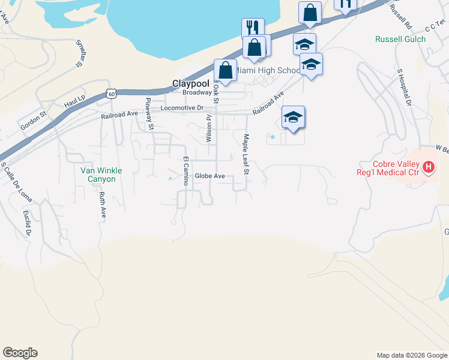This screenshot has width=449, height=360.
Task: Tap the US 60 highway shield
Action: click(110, 93)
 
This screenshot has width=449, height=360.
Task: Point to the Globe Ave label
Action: click(209, 176)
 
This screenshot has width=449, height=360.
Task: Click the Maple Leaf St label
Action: click(246, 154)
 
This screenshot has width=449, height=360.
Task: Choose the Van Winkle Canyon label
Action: click(101, 175)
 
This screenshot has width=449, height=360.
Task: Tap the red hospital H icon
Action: click(429, 167)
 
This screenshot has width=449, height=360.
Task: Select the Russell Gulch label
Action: click(400, 40)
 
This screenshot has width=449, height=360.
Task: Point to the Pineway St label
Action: click(151, 114)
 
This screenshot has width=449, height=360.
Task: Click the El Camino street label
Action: click(186, 172)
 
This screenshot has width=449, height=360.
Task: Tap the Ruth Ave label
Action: click(103, 205)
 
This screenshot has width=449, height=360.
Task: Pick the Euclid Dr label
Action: click(28, 223)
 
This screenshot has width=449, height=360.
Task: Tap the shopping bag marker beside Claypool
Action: click(225, 70)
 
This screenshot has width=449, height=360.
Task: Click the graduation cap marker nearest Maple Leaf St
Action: click(293, 118)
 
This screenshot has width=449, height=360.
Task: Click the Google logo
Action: click(20, 353)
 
